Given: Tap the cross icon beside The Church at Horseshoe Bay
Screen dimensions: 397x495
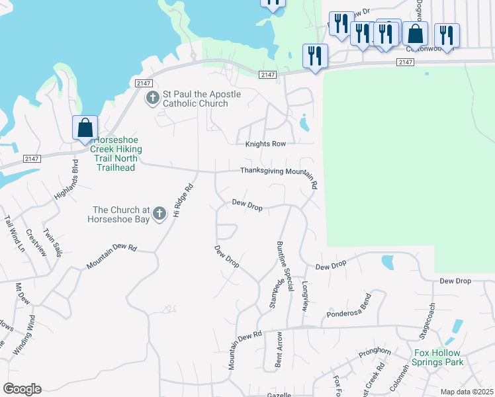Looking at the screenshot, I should pos(159,214).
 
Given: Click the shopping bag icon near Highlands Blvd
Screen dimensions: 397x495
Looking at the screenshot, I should pos(85,127).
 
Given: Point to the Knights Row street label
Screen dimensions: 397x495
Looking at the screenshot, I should pos(265,144).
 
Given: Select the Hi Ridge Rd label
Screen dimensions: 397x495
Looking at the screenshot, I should pos(182,200).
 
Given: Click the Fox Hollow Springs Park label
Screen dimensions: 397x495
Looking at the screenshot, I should pos(437,357).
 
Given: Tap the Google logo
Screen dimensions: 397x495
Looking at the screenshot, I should pos(22,389).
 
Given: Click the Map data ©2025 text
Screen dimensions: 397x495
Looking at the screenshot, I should pos(467,392).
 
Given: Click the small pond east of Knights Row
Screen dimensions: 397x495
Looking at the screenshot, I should pos(304,123).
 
